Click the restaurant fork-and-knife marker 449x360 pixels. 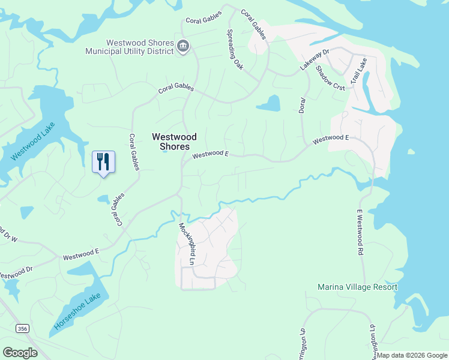(103, 161)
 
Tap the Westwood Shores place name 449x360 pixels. (174, 142)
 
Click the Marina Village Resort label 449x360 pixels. (357, 287)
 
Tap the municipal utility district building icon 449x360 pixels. (184, 45)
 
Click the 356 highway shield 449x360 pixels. (22, 328)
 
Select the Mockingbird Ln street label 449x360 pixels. (187, 244)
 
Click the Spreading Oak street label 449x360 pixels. (235, 50)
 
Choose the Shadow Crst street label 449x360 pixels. (330, 77)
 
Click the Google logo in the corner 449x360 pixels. (20, 353)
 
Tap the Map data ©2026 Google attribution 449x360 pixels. (412, 355)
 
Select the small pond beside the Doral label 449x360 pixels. (268, 104)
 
